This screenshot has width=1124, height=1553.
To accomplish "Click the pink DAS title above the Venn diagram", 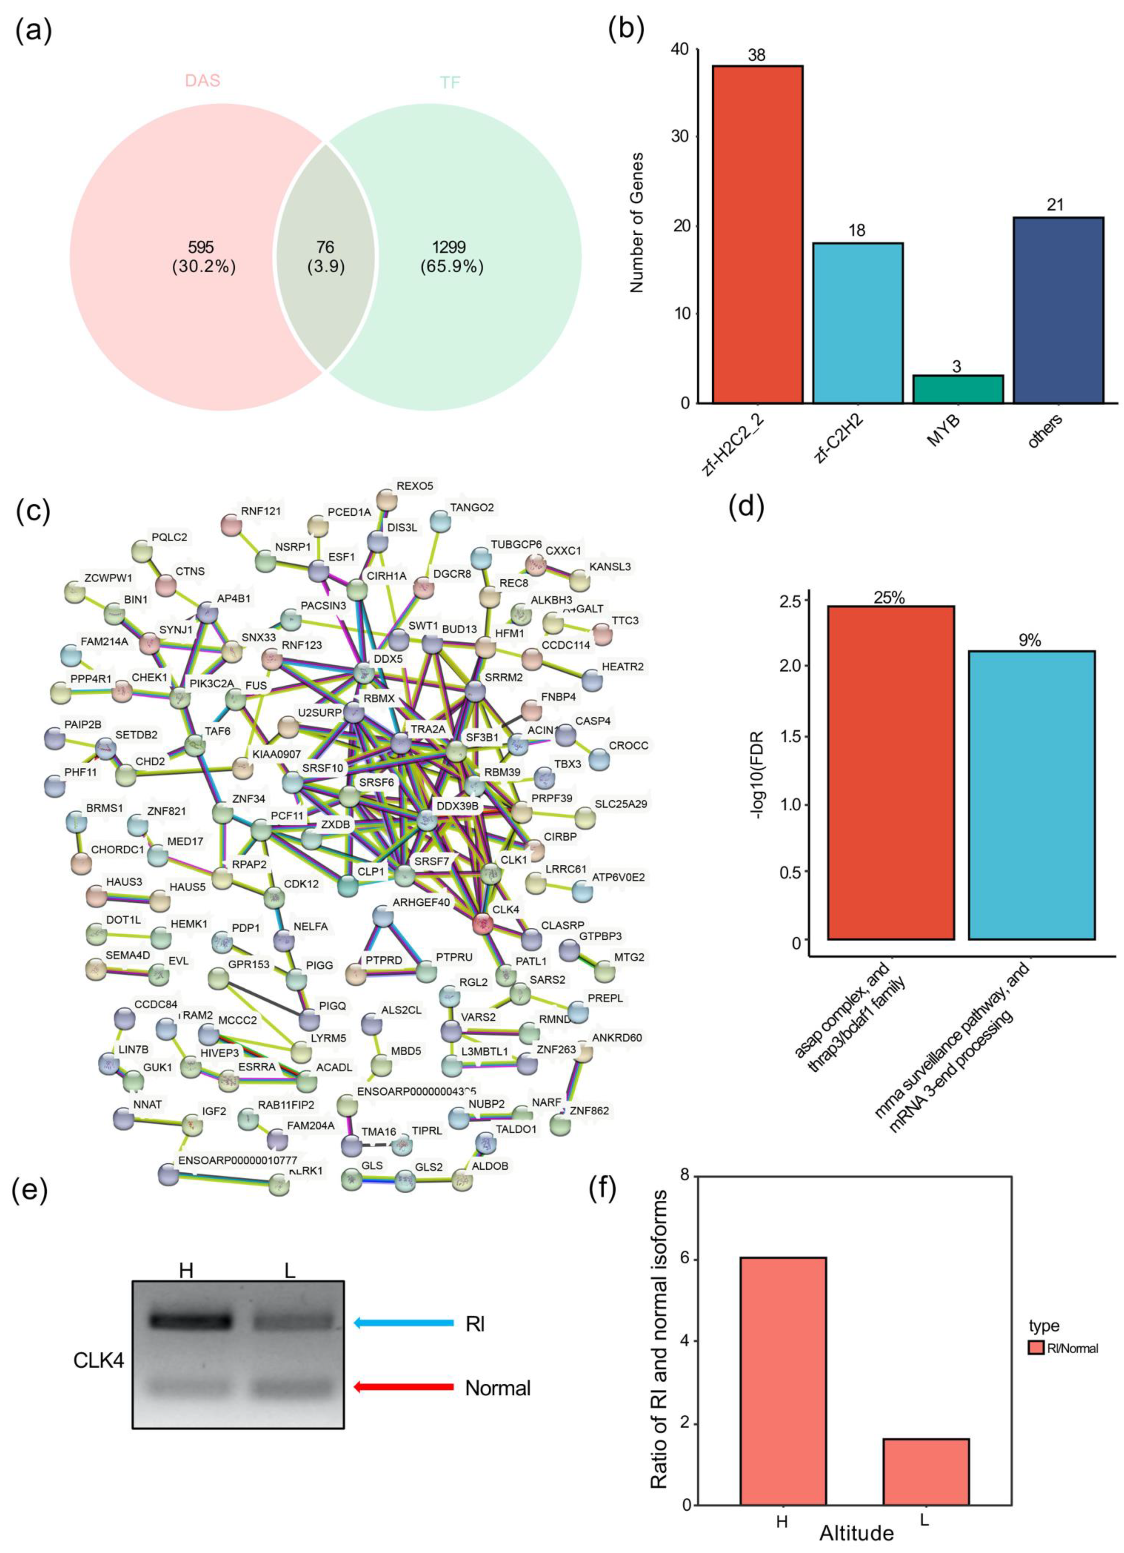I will coord(203,81).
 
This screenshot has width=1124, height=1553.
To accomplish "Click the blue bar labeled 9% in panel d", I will coord(1031,794).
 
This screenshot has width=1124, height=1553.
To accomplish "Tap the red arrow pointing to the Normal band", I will coord(404,1387).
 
